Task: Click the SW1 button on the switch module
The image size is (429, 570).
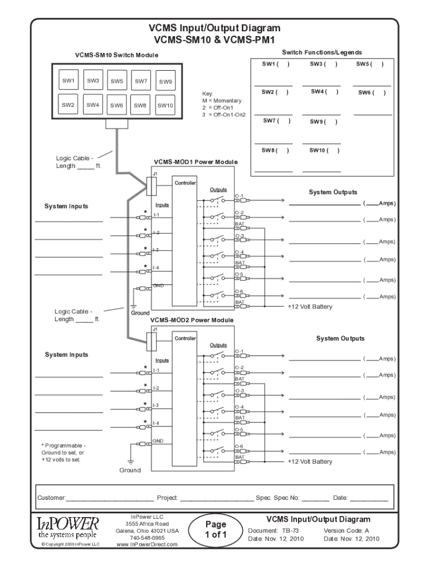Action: (68, 81)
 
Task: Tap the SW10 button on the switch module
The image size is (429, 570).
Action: (165, 105)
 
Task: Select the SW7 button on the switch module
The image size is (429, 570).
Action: (140, 81)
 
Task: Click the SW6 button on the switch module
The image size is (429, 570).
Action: (116, 105)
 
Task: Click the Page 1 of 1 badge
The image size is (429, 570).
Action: (215, 529)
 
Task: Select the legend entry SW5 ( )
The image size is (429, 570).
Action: (370, 64)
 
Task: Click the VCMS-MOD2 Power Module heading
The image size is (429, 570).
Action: (191, 321)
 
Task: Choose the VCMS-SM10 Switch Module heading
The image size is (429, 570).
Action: (116, 55)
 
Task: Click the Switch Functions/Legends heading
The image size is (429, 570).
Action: (321, 52)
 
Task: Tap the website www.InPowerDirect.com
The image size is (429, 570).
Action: (147, 545)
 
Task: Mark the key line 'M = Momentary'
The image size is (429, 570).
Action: (222, 101)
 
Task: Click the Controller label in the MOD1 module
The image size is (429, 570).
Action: (184, 183)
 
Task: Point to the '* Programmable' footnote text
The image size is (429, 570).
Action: (64, 446)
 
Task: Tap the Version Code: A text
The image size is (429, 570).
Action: (346, 530)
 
